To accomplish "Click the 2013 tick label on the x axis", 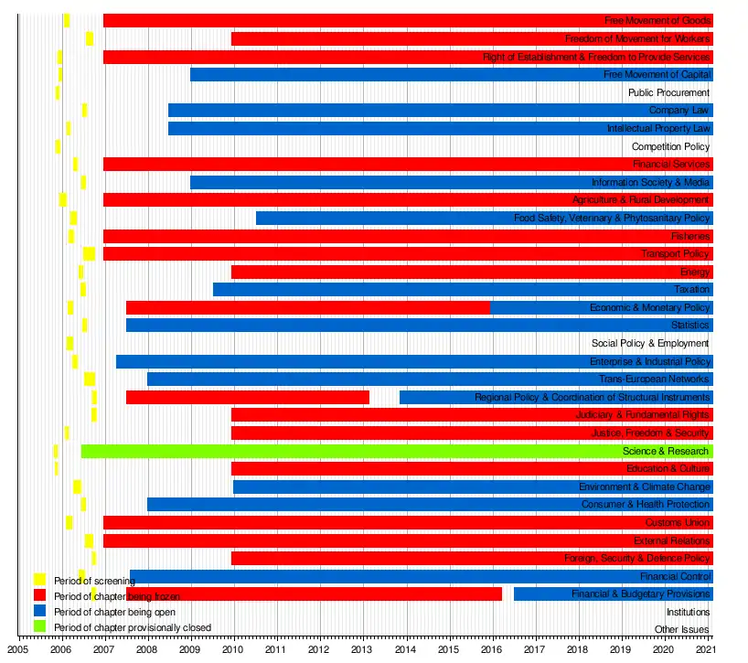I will click(x=361, y=648).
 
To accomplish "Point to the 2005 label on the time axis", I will click(x=18, y=648).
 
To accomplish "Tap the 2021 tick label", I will click(x=705, y=648).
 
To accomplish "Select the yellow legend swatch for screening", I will click(x=39, y=580).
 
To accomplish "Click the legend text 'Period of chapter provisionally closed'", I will click(x=132, y=627).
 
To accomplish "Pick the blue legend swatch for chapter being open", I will click(x=39, y=611).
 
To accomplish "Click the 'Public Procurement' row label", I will click(x=668, y=92).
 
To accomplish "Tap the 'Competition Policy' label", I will click(x=670, y=146).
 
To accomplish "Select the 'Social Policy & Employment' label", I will click(x=650, y=343).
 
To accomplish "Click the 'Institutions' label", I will click(x=688, y=612).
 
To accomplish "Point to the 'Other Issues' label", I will click(x=681, y=629).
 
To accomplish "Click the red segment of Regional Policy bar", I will click(x=247, y=397).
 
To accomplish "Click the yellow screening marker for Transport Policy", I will click(x=89, y=253).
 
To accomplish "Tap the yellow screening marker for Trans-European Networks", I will click(x=90, y=379).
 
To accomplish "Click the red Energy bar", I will click(x=457, y=272).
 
